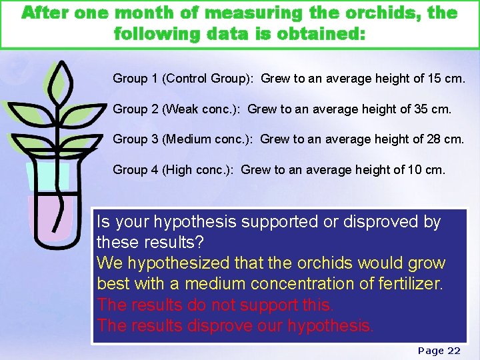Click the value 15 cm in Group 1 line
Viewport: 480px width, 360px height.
coord(449,79)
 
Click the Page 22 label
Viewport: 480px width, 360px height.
coord(439,351)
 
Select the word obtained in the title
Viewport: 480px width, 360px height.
coord(317,33)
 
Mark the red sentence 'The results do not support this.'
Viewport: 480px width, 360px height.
coord(215,305)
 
